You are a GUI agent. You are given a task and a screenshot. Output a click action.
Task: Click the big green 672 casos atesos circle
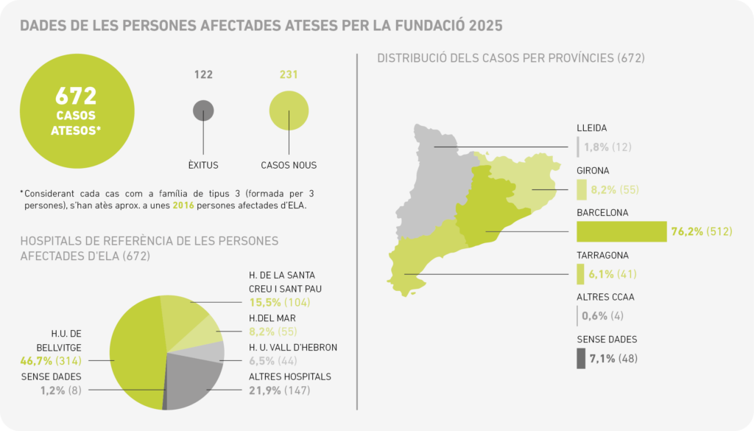click(77, 109)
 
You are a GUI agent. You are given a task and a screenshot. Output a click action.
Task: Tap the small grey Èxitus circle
click(203, 111)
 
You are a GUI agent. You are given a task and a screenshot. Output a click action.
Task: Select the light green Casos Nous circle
click(289, 111)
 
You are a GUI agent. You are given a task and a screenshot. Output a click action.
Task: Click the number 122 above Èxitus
click(203, 74)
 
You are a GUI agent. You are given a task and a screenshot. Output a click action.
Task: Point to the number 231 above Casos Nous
click(289, 74)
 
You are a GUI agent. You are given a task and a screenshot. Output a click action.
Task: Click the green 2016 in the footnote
click(183, 206)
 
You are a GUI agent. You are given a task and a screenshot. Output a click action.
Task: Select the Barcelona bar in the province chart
click(621, 231)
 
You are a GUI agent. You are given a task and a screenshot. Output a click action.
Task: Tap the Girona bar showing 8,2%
click(582, 189)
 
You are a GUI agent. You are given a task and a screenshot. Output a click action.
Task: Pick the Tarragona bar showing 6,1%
click(580, 274)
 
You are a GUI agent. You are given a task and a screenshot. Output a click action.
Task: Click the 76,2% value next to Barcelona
click(687, 232)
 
